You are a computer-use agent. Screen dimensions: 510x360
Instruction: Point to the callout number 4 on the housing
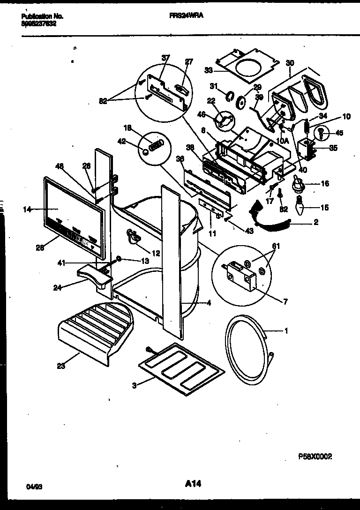[209, 303]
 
